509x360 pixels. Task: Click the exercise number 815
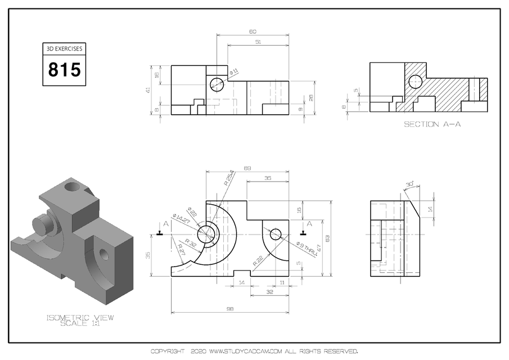coord(64,70)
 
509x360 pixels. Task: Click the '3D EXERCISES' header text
coord(64,49)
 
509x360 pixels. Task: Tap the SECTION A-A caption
coord(432,124)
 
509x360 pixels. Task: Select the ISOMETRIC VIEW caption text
coord(79,318)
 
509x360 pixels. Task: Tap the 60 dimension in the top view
coord(253,31)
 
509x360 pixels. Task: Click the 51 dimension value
coord(258,42)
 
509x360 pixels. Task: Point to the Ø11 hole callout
coord(234,71)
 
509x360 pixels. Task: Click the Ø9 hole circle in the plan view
coord(275,234)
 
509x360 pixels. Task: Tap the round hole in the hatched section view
coord(415,82)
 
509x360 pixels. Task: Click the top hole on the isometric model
coord(72,185)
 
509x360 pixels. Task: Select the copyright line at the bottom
coord(254,352)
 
